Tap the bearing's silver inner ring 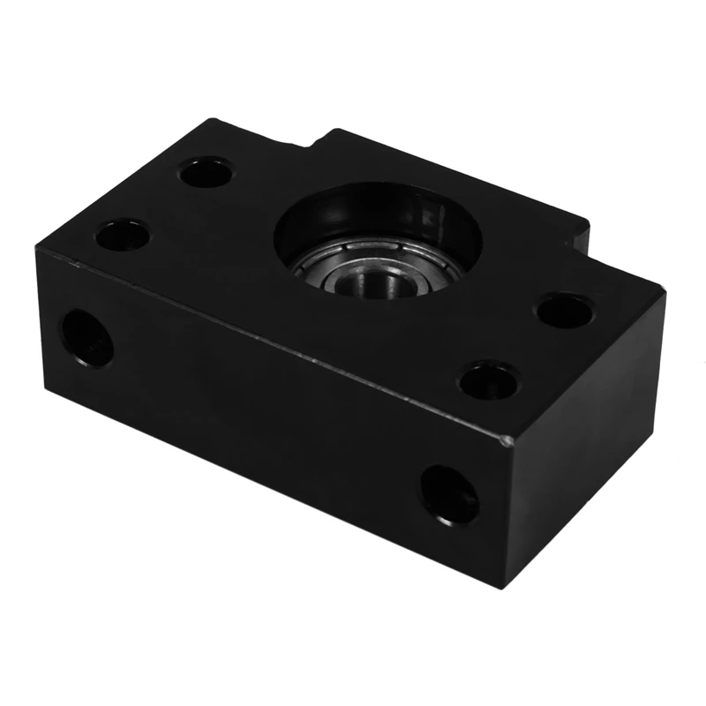(x=361, y=280)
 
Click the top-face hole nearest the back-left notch (x=206, y=171)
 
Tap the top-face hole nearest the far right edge (x=564, y=311)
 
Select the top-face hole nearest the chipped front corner (x=488, y=379)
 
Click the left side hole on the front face (x=87, y=337)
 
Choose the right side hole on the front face (x=449, y=494)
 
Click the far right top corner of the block (x=663, y=291)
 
